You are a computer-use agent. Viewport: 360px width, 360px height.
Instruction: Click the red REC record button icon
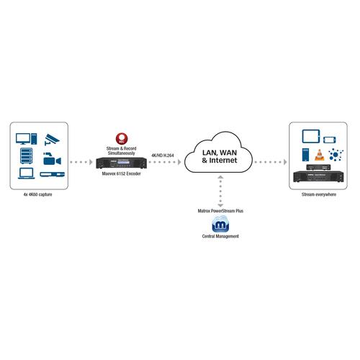[122, 138]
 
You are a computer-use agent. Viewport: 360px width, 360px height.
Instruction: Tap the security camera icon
[52, 140]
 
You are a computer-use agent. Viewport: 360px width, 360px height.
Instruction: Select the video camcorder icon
[52, 158]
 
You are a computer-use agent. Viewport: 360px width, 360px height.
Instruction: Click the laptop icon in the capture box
[27, 174]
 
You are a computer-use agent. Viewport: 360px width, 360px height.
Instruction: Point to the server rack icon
[26, 156]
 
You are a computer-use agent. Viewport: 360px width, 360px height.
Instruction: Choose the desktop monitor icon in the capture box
[27, 139]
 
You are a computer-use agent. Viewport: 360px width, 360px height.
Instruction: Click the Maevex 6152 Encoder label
[122, 174]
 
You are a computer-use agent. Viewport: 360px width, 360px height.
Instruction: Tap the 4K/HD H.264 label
[163, 156]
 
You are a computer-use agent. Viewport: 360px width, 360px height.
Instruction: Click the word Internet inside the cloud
[223, 160]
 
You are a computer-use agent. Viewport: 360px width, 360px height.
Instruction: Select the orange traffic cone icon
[320, 155]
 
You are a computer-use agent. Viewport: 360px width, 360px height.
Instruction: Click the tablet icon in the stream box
[311, 136]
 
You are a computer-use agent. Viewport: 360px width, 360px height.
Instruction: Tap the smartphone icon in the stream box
[330, 140]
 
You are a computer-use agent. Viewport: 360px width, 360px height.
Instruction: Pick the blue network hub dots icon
[336, 154]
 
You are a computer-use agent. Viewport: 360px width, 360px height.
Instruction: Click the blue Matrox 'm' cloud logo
[220, 224]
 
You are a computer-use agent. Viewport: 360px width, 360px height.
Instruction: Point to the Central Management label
[220, 236]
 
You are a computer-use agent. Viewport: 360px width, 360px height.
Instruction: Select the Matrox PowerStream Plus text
[220, 211]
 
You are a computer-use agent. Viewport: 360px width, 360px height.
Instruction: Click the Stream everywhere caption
[319, 194]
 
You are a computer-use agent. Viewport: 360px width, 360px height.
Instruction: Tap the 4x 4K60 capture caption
[37, 194]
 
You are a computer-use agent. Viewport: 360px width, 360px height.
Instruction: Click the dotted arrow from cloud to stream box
[271, 162]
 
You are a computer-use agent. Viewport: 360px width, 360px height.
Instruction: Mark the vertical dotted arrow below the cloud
[220, 192]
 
